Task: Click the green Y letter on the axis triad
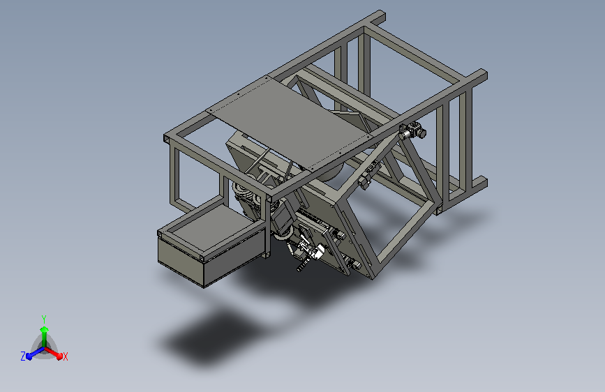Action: coord(43,317)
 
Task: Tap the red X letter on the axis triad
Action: coord(66,356)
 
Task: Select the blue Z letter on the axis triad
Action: coord(23,356)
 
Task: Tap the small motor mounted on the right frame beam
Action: coord(414,130)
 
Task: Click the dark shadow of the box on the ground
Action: coord(209,338)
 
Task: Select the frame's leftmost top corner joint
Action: coord(168,137)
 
